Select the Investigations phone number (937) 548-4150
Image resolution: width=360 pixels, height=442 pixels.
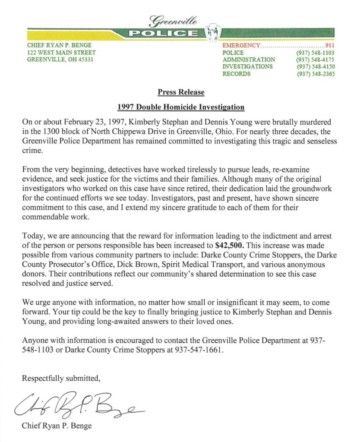316,66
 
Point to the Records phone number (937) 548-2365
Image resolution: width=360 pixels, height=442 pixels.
316,74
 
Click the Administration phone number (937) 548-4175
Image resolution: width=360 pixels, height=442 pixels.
316,60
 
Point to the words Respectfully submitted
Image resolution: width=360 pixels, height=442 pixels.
61,379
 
